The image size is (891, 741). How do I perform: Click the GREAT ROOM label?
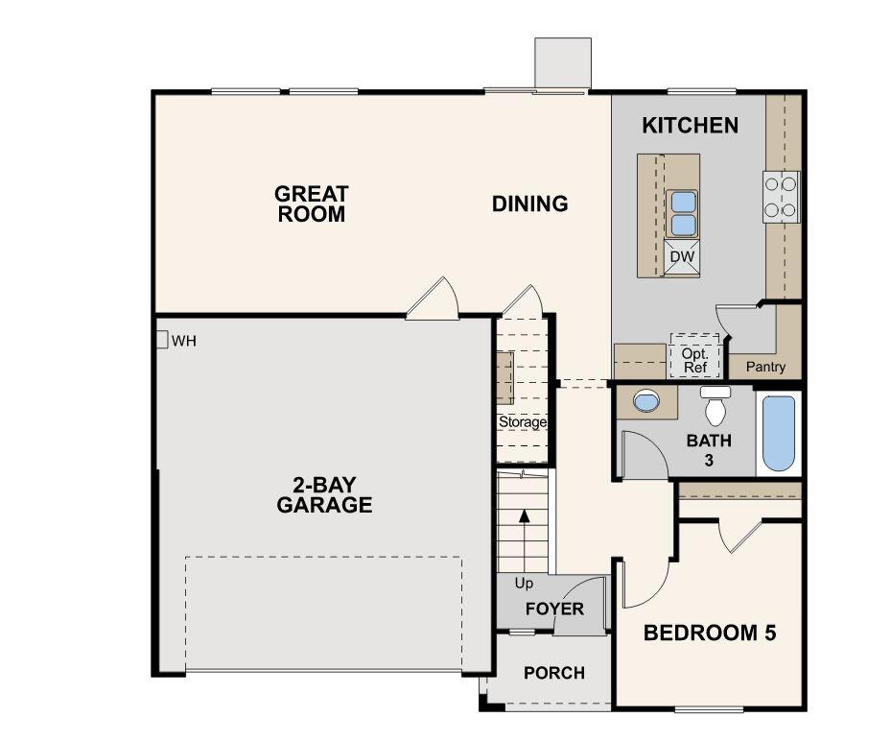point(311,204)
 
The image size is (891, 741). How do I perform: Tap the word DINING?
point(529,203)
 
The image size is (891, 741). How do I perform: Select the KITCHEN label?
point(690,125)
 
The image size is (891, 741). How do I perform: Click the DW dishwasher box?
point(682,257)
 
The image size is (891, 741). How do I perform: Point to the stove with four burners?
point(782,196)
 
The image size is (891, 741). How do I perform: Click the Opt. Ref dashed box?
point(694,360)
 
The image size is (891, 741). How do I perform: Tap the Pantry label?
point(765,367)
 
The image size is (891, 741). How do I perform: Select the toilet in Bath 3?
point(715,408)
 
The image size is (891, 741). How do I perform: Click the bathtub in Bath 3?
point(779,434)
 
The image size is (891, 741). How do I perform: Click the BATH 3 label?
point(710,449)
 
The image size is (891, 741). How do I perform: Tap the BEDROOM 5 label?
point(709,633)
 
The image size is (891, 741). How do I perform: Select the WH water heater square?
point(162,340)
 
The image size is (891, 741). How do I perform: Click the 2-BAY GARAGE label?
point(324,495)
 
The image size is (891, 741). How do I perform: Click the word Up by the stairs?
point(524,583)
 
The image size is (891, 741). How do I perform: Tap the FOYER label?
point(554,610)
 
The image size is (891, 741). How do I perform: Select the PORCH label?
point(553,673)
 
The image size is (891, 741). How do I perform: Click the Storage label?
point(523,421)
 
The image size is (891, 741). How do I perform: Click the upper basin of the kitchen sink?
point(682,202)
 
